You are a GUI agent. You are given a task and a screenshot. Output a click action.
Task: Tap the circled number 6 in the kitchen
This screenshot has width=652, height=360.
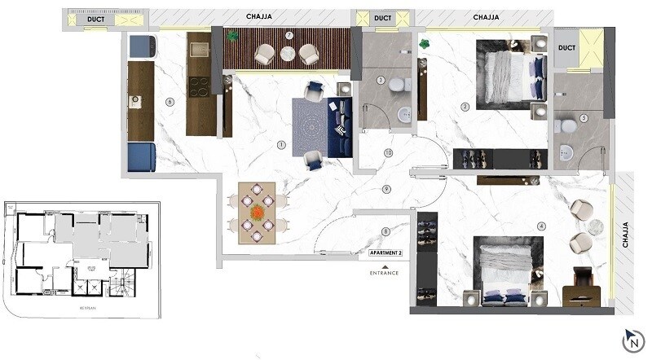point(169,102)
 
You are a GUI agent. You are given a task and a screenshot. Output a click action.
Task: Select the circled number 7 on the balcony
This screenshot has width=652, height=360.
point(289,34)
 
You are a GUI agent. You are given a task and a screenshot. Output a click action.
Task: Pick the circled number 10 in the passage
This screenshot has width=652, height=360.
point(389,152)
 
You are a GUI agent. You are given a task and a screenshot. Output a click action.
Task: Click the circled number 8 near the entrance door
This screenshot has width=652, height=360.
point(386,232)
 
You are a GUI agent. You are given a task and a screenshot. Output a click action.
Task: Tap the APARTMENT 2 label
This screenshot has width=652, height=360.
point(385,253)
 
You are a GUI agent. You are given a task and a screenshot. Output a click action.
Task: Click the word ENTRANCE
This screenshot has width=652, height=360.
point(385,273)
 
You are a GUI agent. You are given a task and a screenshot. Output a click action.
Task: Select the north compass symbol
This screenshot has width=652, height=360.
point(629,338)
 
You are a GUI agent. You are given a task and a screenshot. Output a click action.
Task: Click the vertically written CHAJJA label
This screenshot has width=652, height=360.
point(625,235)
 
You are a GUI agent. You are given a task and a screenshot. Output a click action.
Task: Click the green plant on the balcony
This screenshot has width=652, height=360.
point(232,36)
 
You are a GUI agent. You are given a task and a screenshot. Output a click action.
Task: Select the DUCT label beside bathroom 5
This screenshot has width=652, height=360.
point(567,48)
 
